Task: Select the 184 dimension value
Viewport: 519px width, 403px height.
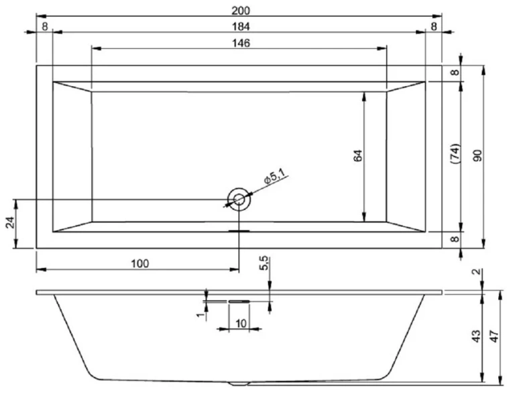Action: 239,26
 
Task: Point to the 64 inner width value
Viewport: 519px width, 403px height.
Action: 357,155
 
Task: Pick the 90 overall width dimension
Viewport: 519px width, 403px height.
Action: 477,155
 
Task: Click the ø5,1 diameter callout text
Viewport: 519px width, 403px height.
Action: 275,177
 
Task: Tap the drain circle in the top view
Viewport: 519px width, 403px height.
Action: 239,199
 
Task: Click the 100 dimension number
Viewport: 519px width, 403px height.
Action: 139,263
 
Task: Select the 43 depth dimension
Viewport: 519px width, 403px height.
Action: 475,335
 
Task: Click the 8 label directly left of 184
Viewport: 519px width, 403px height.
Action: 44,26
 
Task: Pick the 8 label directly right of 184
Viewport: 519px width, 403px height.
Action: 434,26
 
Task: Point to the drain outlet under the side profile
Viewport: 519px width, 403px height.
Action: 239,384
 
